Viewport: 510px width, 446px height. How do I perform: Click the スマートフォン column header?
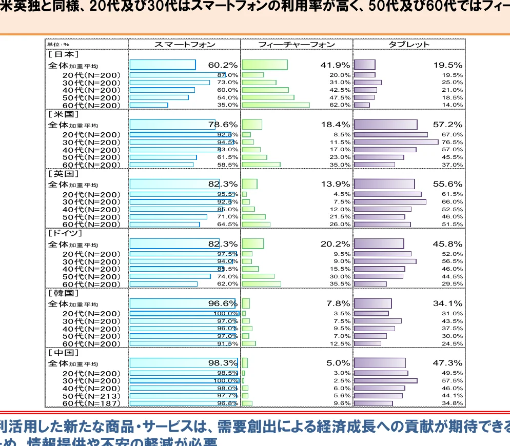pos(185,45)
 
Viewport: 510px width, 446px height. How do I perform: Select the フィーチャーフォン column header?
pos(297,45)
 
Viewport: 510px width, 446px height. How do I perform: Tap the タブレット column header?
pos(409,45)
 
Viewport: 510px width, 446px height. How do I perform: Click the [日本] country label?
pos(63,54)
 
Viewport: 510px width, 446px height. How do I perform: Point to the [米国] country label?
pos(63,114)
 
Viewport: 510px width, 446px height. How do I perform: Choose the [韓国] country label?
pos(63,293)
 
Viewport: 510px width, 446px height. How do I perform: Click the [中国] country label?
pos(63,353)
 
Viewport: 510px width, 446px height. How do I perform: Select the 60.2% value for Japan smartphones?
pos(223,65)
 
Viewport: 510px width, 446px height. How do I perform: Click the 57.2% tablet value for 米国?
pos(447,125)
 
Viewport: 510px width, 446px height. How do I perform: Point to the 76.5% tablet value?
pos(452,142)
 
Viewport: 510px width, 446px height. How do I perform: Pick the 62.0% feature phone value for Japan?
pos(340,105)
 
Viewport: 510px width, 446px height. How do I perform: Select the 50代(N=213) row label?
pos(91,396)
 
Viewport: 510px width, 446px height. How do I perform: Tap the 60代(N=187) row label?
pos(91,403)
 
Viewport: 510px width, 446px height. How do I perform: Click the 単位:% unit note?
pos(58,45)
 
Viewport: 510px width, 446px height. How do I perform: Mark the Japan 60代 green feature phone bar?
pos(276,105)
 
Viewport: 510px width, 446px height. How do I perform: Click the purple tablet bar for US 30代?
pos(396,142)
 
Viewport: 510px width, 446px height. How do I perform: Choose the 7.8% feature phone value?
pos(338,303)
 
